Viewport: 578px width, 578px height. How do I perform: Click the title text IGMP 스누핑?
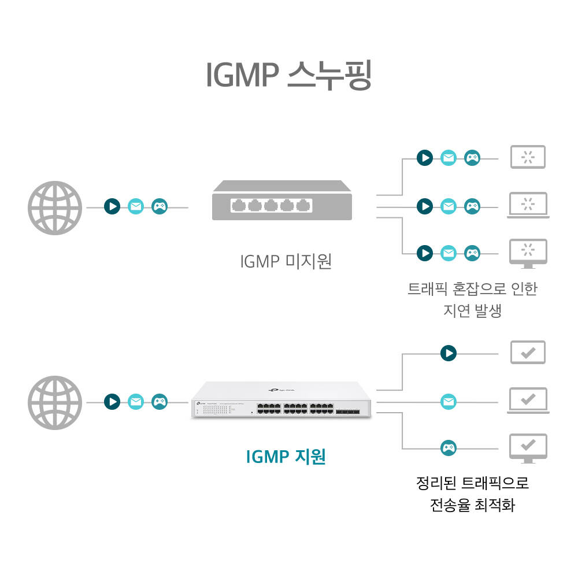click(x=288, y=75)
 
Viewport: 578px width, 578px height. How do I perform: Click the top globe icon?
click(x=55, y=208)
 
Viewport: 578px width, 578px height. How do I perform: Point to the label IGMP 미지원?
click(x=286, y=262)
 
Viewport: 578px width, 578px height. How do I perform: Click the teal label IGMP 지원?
click(x=286, y=457)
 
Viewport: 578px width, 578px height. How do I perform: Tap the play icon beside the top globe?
click(x=112, y=206)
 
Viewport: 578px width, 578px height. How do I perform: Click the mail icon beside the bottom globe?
click(x=136, y=402)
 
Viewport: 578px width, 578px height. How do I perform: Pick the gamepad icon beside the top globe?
click(x=160, y=206)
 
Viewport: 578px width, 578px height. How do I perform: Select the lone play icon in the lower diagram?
click(x=448, y=353)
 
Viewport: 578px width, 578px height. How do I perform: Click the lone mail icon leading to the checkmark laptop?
click(x=448, y=401)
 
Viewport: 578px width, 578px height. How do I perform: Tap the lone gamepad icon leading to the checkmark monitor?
click(x=448, y=447)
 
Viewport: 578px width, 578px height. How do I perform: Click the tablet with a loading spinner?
click(x=528, y=157)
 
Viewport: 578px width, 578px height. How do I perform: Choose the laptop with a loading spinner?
click(x=528, y=205)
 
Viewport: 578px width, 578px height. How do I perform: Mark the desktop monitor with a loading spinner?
click(x=528, y=253)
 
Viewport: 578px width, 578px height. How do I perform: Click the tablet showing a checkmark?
click(x=528, y=353)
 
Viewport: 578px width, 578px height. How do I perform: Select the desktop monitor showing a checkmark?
click(x=528, y=448)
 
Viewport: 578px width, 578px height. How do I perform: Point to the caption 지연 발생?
click(x=472, y=310)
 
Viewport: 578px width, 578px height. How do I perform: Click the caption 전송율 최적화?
click(x=472, y=506)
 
